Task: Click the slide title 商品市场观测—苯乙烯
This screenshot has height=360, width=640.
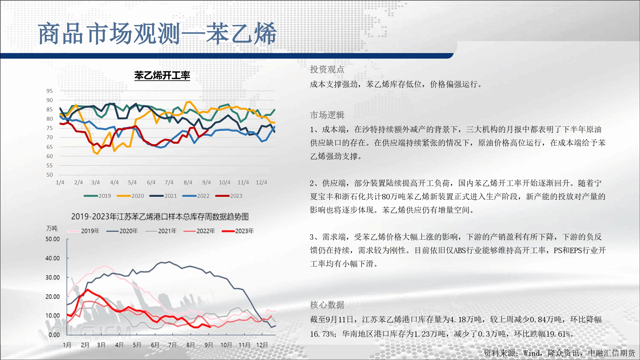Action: pyautogui.click(x=157, y=34)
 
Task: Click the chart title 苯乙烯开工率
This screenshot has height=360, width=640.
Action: pyautogui.click(x=162, y=76)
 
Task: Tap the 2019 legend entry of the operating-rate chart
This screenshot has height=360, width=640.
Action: pyautogui.click(x=97, y=196)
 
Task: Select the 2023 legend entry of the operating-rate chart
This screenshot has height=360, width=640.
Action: pyautogui.click(x=229, y=196)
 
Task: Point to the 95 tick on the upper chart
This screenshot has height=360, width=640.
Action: pyautogui.click(x=50, y=91)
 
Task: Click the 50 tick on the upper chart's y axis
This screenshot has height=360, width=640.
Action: pyautogui.click(x=50, y=175)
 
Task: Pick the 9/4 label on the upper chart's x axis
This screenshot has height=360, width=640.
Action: pyautogui.click(x=206, y=182)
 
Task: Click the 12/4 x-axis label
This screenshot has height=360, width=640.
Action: pyautogui.click(x=261, y=182)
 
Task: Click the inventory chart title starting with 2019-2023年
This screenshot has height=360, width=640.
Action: pyautogui.click(x=160, y=217)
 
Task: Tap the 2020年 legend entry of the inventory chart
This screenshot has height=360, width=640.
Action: pyautogui.click(x=122, y=231)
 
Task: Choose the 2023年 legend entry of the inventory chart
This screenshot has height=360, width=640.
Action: pyautogui.click(x=238, y=231)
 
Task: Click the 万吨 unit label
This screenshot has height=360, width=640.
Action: pyautogui.click(x=52, y=228)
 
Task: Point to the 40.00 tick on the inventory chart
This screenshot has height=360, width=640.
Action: pyautogui.click(x=52, y=258)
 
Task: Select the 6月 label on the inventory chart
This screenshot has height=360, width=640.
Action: pyautogui.click(x=155, y=345)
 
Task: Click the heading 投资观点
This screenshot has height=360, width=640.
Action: pyautogui.click(x=327, y=69)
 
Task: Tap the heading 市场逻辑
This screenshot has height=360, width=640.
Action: pyautogui.click(x=327, y=115)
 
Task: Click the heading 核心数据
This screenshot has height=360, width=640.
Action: pyautogui.click(x=327, y=305)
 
